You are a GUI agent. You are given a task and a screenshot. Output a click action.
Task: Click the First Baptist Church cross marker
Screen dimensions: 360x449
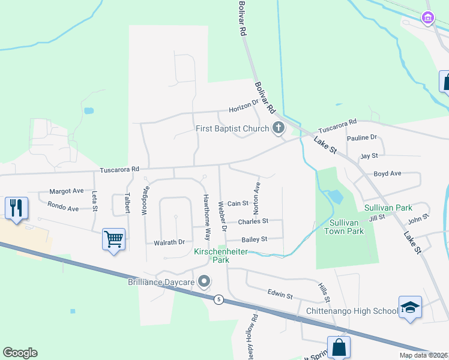pyautogui.click(x=278, y=128)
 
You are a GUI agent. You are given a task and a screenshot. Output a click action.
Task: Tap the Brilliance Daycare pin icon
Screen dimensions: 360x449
pyautogui.click(x=204, y=281)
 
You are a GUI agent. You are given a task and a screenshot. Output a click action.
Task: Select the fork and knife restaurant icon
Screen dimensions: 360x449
pyautogui.click(x=16, y=208)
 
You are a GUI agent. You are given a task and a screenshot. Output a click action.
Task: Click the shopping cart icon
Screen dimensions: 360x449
pyautogui.click(x=113, y=239)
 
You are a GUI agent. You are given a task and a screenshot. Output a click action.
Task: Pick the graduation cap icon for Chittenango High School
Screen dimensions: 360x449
pyautogui.click(x=410, y=307)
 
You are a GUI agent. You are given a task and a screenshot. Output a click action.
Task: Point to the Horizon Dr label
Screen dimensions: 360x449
pyautogui.click(x=243, y=109)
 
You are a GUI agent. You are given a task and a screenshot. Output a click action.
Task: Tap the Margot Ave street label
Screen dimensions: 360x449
pyautogui.click(x=66, y=191)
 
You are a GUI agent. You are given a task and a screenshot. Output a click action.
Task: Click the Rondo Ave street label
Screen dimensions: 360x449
pyautogui.click(x=64, y=209)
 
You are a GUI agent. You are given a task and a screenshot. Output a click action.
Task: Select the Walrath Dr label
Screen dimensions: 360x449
pyautogui.click(x=169, y=242)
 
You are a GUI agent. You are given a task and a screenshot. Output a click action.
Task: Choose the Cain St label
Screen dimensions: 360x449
pyautogui.click(x=238, y=203)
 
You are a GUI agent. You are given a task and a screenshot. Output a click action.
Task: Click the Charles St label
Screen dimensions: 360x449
pyautogui.click(x=253, y=221)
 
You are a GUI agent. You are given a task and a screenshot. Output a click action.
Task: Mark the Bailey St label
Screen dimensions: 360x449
pyautogui.click(x=254, y=239)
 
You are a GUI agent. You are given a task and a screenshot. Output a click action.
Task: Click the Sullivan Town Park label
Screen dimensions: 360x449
pyautogui.click(x=344, y=227)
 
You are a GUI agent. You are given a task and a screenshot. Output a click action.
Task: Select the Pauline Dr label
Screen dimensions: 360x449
pyautogui.click(x=366, y=137)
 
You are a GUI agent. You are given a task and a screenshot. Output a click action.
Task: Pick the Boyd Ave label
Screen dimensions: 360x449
pyautogui.click(x=387, y=173)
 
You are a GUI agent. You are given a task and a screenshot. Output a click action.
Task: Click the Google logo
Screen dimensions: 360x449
pyautogui.click(x=20, y=353)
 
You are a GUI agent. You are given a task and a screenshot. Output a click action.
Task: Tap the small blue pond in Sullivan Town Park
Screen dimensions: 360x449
pyautogui.click(x=336, y=196)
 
